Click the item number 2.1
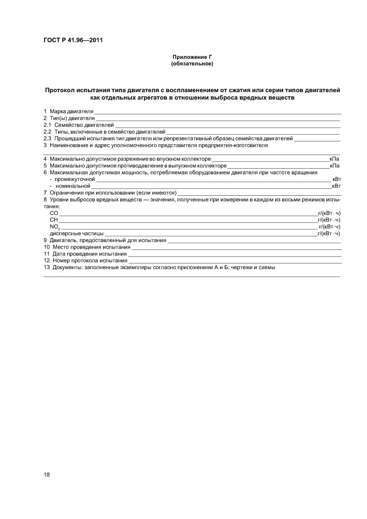click(x=47, y=125)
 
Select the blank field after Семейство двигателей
click(x=227, y=125)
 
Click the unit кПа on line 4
click(x=334, y=159)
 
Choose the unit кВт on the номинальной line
click(x=336, y=186)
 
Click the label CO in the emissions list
click(x=54, y=213)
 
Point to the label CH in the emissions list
click(x=54, y=219)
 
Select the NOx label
click(x=55, y=226)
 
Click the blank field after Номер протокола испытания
click(x=232, y=260)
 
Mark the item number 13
click(x=47, y=267)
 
